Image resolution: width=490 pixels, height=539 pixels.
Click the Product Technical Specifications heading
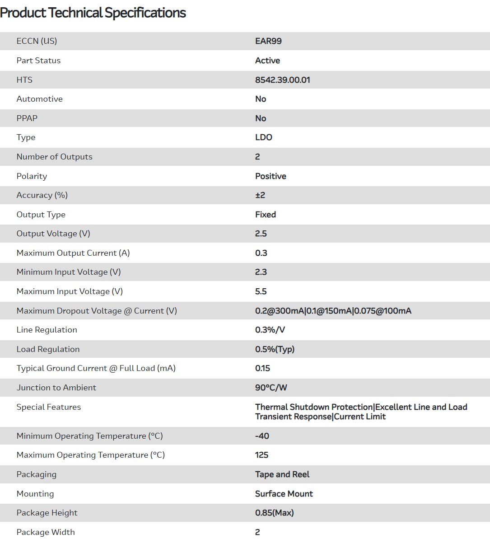(93, 13)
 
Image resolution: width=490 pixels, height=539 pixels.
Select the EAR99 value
(268, 41)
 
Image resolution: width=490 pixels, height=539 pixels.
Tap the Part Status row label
(38, 61)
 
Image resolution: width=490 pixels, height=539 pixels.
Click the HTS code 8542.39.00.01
(282, 80)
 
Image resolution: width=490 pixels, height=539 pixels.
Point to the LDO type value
(263, 137)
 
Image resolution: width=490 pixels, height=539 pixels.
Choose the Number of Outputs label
(54, 157)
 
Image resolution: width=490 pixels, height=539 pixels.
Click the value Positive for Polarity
(271, 176)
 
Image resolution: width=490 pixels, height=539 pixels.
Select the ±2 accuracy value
(260, 195)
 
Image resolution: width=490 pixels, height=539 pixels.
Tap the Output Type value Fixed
(265, 215)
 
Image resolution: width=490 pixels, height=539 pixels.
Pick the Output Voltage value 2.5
(261, 234)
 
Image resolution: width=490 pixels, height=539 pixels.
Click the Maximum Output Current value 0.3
(261, 253)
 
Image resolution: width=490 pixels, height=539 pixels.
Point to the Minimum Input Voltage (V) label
(69, 272)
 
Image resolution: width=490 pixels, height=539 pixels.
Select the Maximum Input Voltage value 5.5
(261, 291)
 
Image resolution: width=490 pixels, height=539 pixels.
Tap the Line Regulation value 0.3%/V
(270, 330)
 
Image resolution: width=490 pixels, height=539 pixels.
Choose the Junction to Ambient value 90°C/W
(271, 388)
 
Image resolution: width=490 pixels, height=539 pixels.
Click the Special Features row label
(49, 407)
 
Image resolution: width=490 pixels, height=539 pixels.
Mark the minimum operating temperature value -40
(262, 436)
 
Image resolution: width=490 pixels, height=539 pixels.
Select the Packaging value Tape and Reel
(282, 474)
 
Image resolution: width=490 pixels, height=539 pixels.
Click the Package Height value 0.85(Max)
(274, 513)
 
